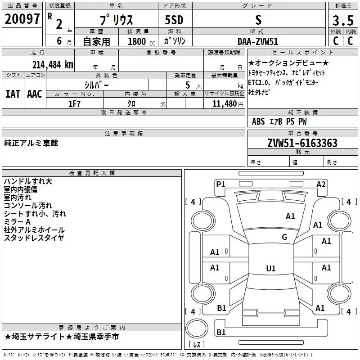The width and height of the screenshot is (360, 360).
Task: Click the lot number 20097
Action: pyautogui.click(x=22, y=19)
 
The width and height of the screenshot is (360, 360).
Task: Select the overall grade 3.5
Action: pyautogui.click(x=343, y=20)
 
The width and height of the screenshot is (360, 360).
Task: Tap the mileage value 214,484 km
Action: pyautogui.click(x=53, y=65)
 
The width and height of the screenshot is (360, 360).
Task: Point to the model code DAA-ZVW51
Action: pyautogui.click(x=258, y=41)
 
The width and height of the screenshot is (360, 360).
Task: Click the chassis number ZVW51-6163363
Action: pyautogui.click(x=302, y=143)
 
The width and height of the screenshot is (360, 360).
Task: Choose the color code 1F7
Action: pyautogui.click(x=74, y=104)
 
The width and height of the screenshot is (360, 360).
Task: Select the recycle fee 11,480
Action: pyautogui.click(x=225, y=104)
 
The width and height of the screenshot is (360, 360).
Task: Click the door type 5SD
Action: pyautogui.click(x=174, y=20)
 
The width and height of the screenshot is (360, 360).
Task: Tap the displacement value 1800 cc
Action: pyautogui.click(x=141, y=41)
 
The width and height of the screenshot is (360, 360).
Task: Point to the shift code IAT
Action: pyautogui.click(x=13, y=94)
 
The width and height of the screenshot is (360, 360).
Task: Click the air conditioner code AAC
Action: pyautogui.click(x=35, y=94)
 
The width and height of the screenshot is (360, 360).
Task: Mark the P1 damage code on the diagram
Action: pyautogui.click(x=220, y=184)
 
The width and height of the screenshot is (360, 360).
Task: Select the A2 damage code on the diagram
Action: pyautogui.click(x=321, y=184)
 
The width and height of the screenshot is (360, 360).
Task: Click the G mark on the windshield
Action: pyautogui.click(x=284, y=237)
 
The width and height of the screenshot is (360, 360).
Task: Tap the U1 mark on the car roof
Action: pyautogui.click(x=271, y=268)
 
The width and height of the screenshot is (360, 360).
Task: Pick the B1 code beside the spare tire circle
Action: pyautogui.click(x=221, y=332)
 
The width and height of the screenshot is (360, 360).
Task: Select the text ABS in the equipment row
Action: pyautogui.click(x=258, y=121)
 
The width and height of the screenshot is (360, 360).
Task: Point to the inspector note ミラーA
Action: pyautogui.click(x=17, y=222)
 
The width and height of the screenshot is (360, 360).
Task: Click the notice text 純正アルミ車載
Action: pyautogui.click(x=31, y=143)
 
